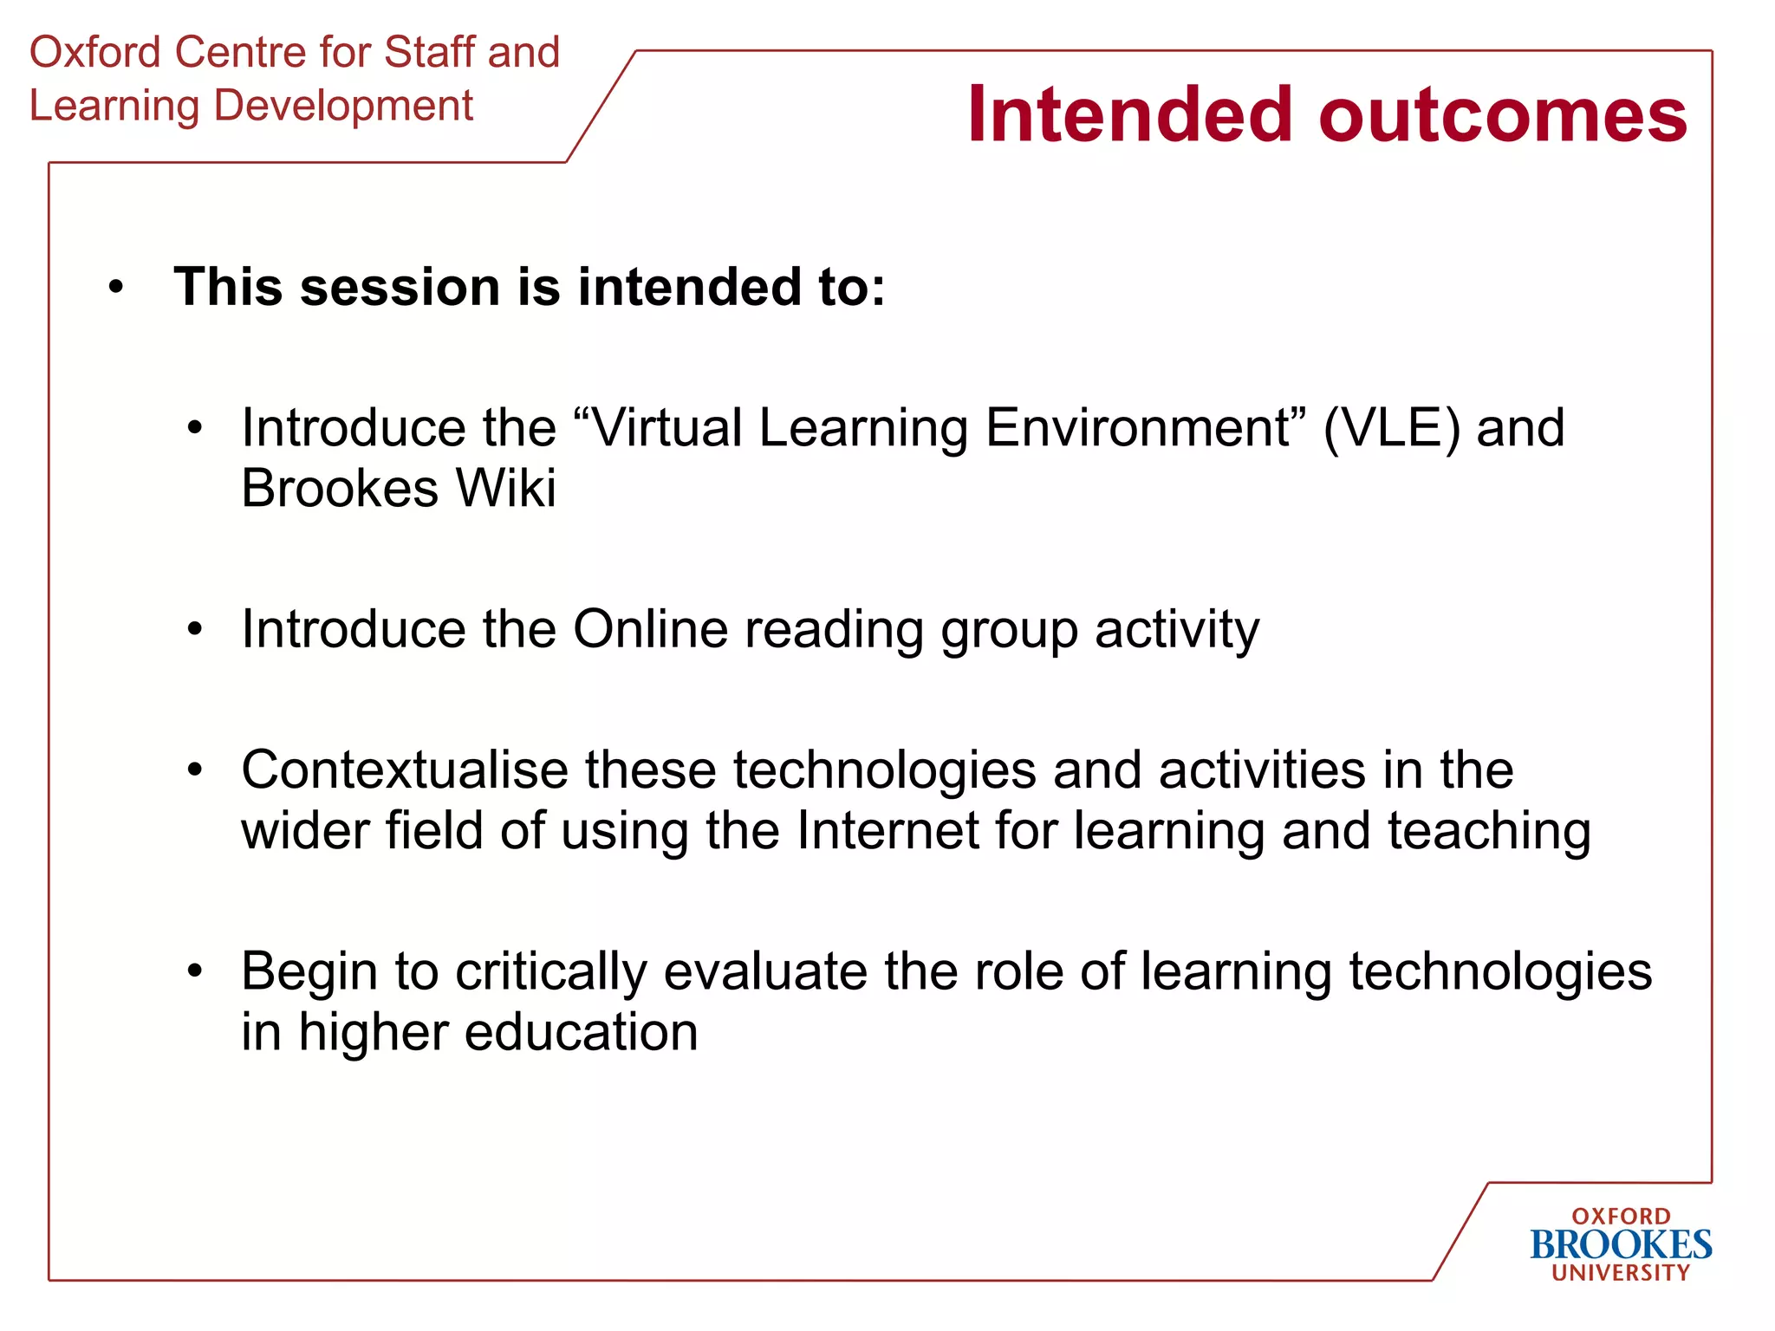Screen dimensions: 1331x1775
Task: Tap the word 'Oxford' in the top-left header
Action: [x=95, y=52]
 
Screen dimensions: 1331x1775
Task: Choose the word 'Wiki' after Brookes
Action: [x=506, y=488]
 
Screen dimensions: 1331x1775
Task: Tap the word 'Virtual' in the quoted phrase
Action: [x=666, y=428]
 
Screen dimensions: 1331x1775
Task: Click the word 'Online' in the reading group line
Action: [x=650, y=629]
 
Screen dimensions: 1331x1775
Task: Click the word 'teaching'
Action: [x=1489, y=832]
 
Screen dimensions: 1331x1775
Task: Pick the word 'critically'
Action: [x=551, y=972]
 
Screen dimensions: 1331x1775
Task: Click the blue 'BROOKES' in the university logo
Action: [x=1621, y=1245]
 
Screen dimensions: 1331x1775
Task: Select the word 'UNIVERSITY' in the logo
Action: [x=1621, y=1273]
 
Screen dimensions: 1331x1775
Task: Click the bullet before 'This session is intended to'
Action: [x=116, y=288]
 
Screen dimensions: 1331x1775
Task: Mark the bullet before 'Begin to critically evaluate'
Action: [x=195, y=971]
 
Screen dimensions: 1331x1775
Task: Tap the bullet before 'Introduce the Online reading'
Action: [x=195, y=630]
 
